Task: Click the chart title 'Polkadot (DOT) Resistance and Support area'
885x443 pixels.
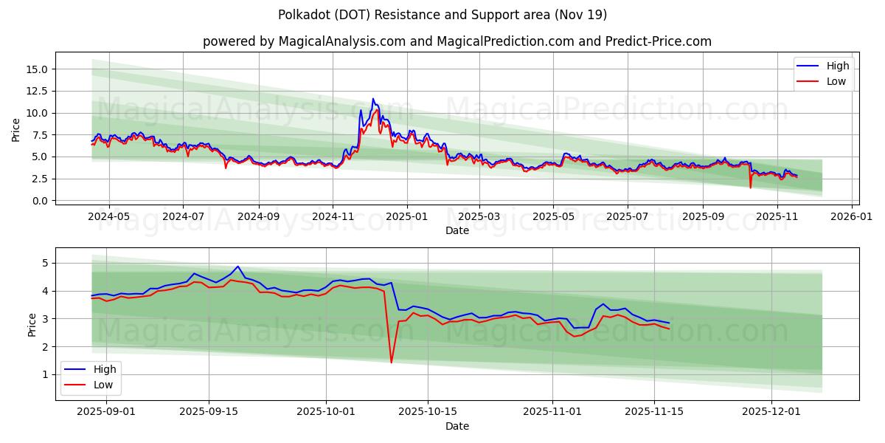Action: click(442, 15)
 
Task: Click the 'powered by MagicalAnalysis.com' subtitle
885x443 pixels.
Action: click(457, 42)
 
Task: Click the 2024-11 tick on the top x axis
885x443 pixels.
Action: click(333, 217)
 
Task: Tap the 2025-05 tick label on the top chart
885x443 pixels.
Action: click(553, 217)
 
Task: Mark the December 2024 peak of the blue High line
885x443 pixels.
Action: click(373, 99)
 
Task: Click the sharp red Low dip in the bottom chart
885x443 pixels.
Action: click(391, 362)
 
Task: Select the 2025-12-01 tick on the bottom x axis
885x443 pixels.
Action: click(771, 412)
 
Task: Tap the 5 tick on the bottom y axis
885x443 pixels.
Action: click(44, 263)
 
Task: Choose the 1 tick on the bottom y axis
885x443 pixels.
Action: click(44, 374)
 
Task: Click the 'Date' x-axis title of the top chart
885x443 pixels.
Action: click(457, 230)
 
